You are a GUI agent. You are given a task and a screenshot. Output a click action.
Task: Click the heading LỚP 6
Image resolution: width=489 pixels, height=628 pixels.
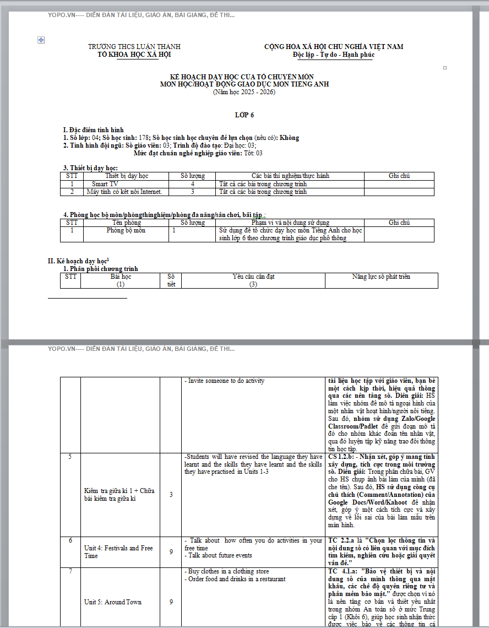[x=244, y=115]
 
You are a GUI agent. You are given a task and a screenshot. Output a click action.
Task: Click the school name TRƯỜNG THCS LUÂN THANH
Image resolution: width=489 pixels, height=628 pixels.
[x=134, y=47]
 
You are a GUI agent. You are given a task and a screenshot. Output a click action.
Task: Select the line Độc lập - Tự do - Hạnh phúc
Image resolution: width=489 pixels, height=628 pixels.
[x=334, y=55]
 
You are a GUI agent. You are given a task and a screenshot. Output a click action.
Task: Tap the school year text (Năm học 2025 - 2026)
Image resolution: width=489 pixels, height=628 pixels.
[x=244, y=92]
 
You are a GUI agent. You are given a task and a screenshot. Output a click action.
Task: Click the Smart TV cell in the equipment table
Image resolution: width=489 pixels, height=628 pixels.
[x=105, y=184]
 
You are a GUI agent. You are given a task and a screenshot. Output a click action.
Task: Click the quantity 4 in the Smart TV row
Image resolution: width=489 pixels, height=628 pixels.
[x=193, y=184]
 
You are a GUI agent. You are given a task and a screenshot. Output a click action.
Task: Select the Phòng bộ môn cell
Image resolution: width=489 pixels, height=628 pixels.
[x=126, y=230]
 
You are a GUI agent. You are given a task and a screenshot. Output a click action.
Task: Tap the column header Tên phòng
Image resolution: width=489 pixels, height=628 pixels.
[x=126, y=223]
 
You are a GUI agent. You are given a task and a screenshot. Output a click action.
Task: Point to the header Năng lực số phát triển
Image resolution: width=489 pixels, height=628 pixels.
[x=381, y=277]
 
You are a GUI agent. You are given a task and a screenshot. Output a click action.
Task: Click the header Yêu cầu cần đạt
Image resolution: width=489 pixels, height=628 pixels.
[x=253, y=277]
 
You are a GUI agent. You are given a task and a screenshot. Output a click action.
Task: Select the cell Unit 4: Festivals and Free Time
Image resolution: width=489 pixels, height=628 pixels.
[x=118, y=552]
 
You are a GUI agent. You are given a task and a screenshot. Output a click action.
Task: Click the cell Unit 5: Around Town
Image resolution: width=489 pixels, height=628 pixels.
[x=113, y=602]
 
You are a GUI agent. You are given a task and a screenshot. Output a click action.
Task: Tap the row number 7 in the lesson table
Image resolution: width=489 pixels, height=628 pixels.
[x=70, y=572]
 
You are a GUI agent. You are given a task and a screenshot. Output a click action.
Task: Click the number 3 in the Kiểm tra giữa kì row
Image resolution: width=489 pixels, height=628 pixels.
[x=171, y=495]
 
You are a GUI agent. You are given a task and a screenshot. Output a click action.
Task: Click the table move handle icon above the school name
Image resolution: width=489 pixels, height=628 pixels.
[x=41, y=40]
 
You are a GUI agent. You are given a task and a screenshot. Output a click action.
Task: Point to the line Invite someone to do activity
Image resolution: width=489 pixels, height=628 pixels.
[x=224, y=381]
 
